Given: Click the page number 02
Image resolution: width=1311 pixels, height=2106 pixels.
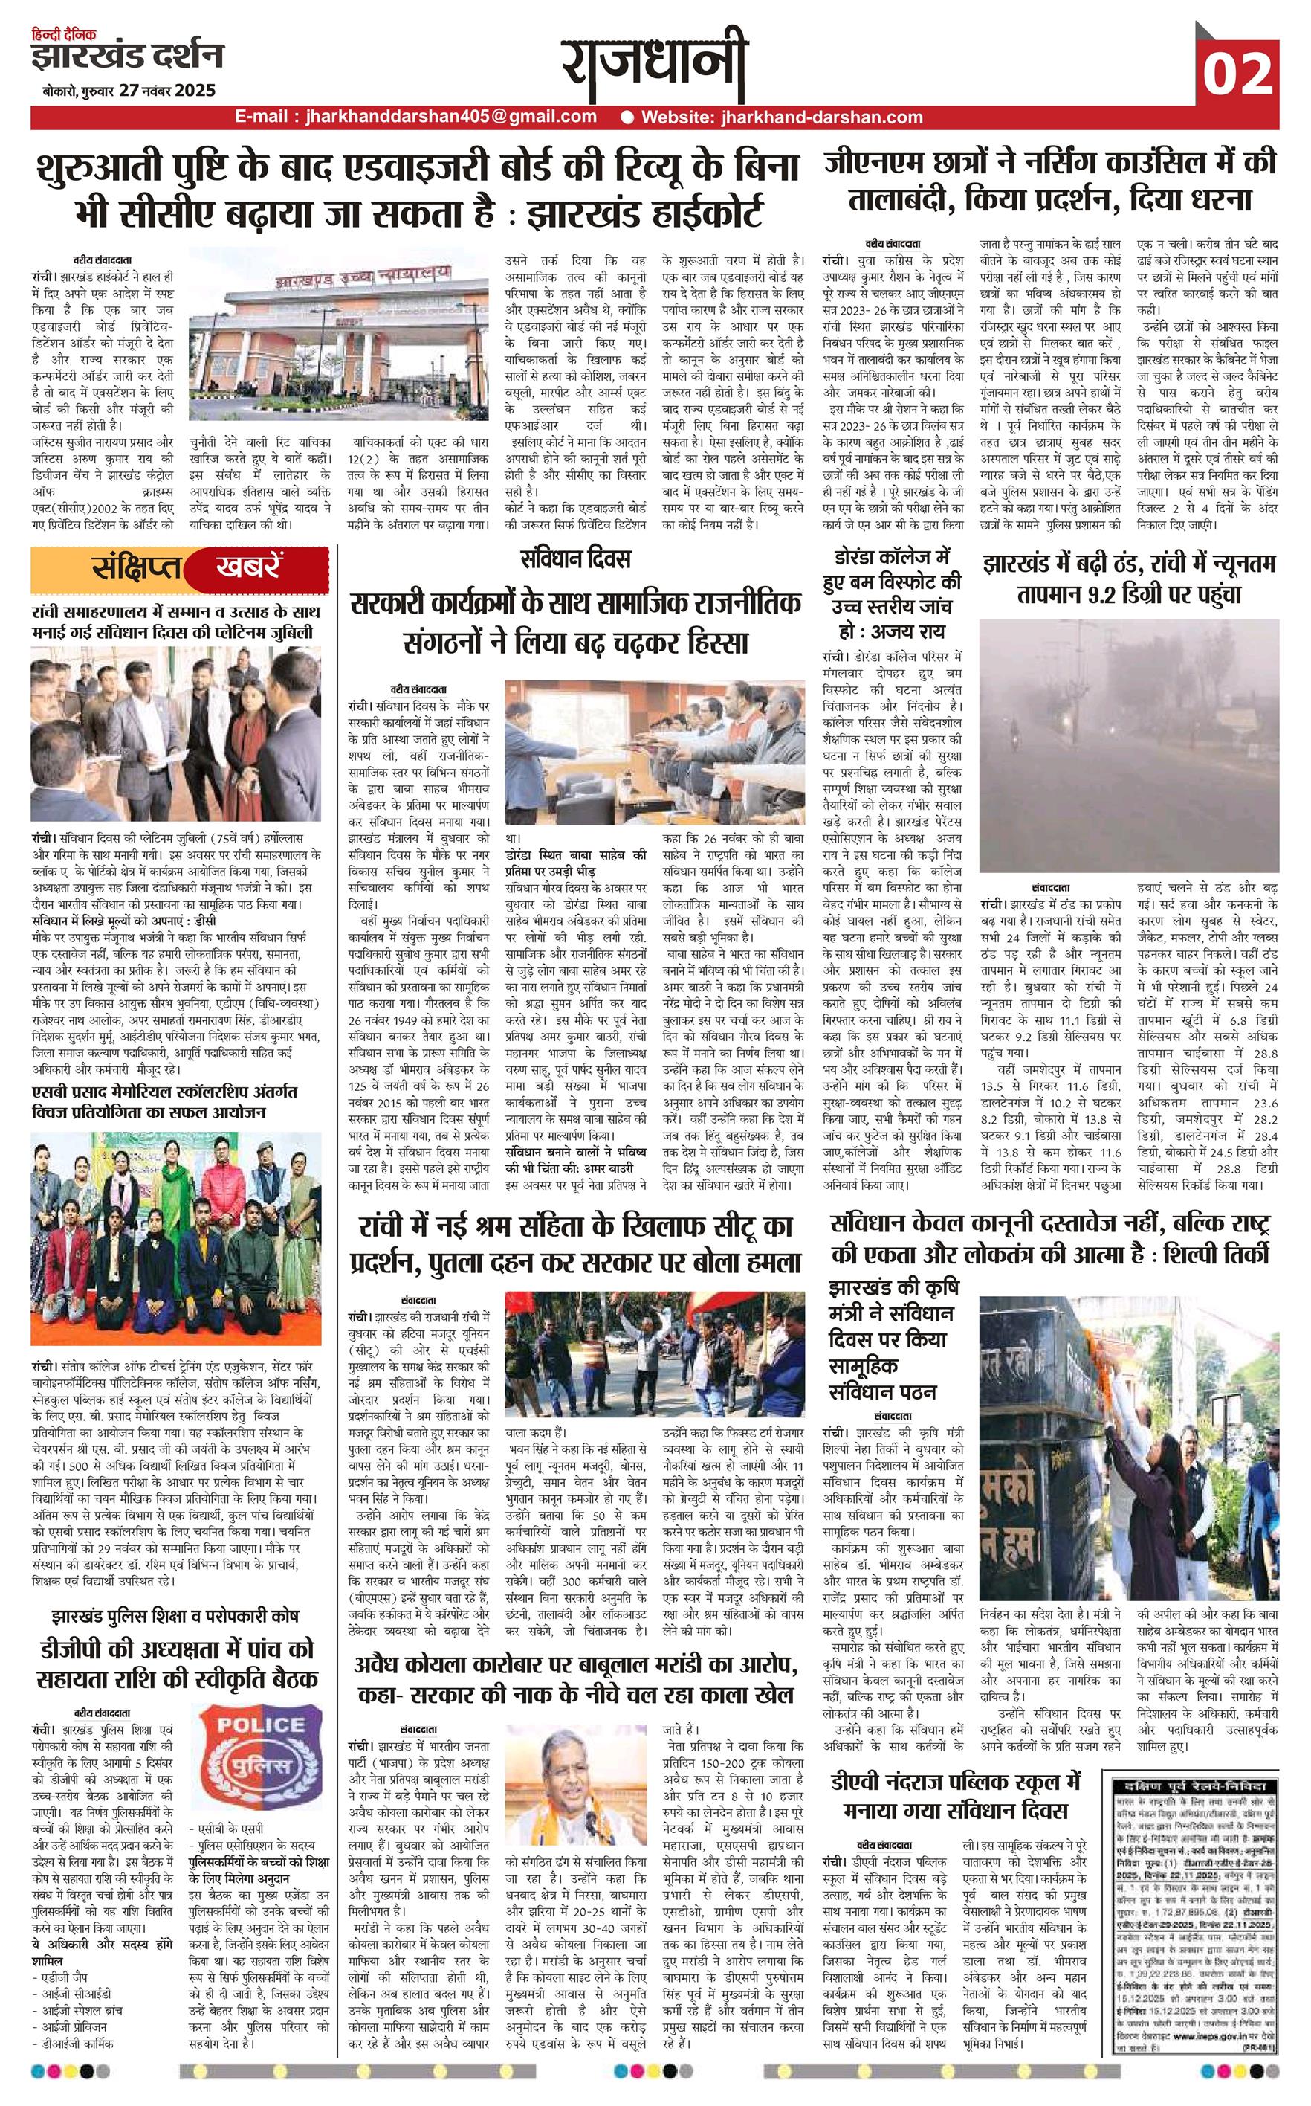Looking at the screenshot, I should pyautogui.click(x=1237, y=74).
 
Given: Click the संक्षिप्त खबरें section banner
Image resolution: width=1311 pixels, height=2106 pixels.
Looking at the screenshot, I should pyautogui.click(x=181, y=568).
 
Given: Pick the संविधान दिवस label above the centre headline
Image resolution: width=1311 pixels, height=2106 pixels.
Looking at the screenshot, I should pyautogui.click(x=576, y=558).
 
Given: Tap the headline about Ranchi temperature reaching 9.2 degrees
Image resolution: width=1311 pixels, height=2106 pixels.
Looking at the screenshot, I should pyautogui.click(x=1129, y=579).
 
